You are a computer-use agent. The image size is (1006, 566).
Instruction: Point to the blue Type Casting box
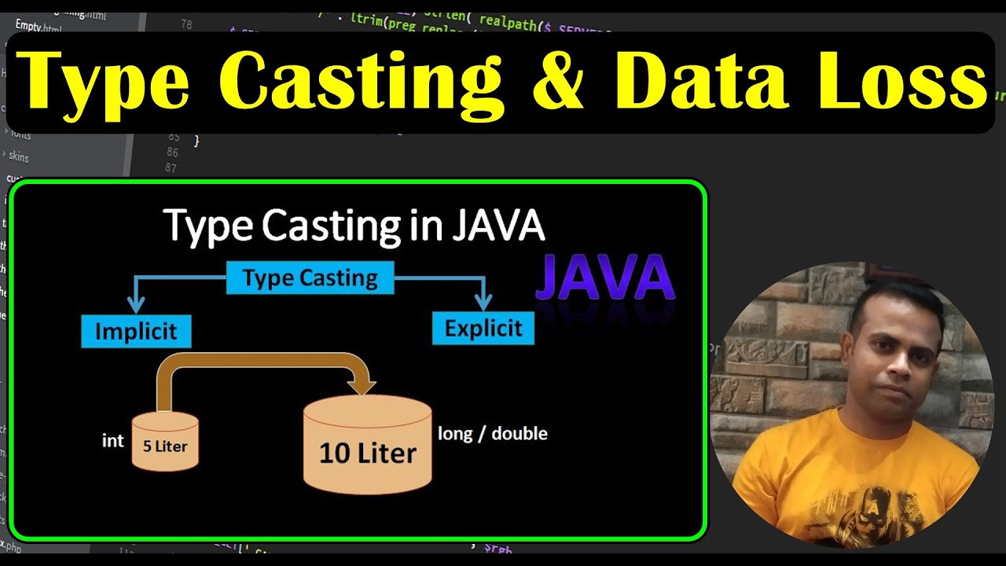[x=310, y=277]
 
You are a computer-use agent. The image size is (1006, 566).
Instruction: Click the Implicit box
[x=136, y=331]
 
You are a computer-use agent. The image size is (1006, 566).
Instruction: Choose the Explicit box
[x=483, y=328]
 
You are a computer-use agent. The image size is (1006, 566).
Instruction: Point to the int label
[x=112, y=441]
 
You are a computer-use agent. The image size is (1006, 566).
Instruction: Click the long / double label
[x=493, y=433]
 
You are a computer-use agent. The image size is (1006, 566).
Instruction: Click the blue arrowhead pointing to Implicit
[x=136, y=303]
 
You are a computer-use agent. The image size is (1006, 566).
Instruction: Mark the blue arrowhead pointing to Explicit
[x=483, y=300]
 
